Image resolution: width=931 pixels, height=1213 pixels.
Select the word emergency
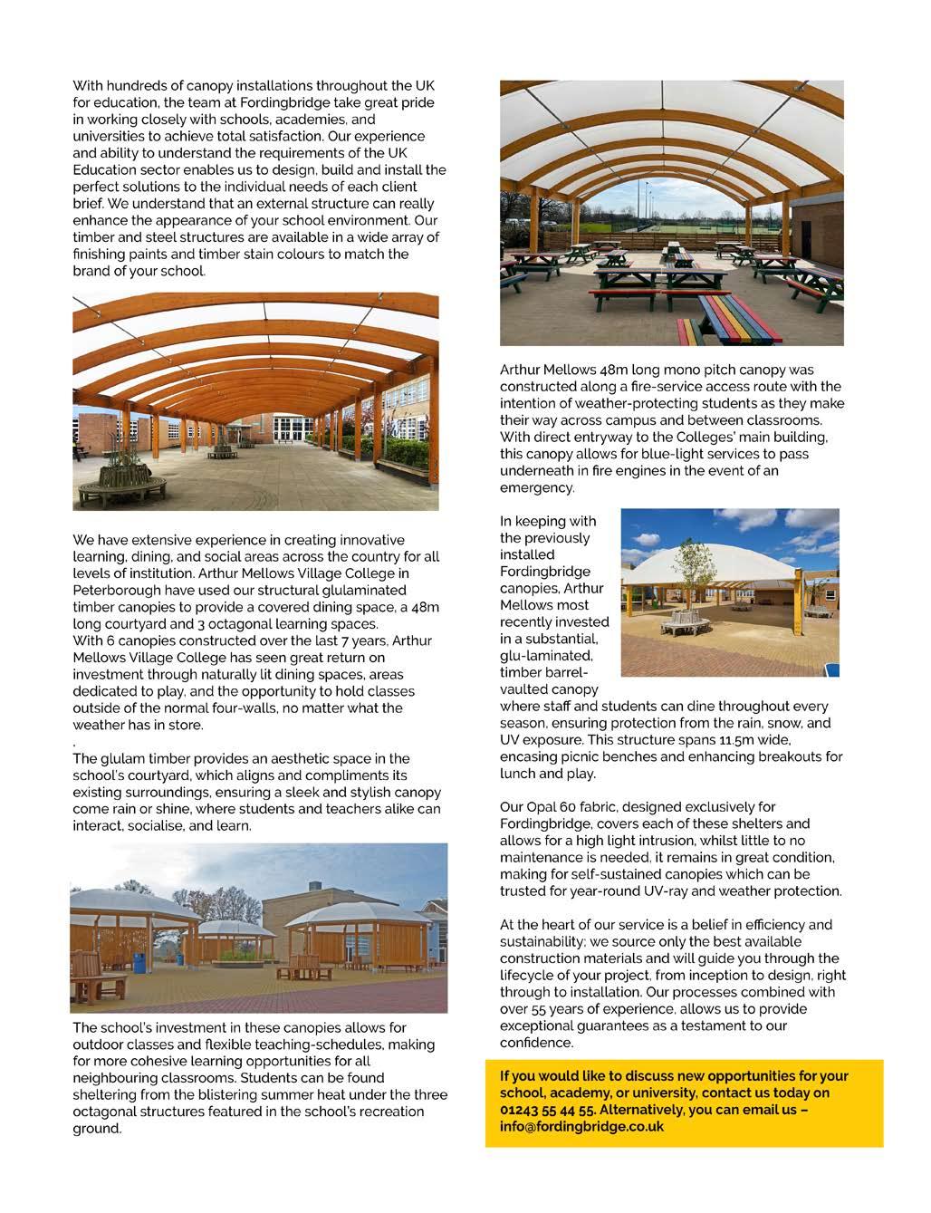(536, 487)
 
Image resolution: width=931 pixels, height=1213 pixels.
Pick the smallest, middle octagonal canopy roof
(236, 929)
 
